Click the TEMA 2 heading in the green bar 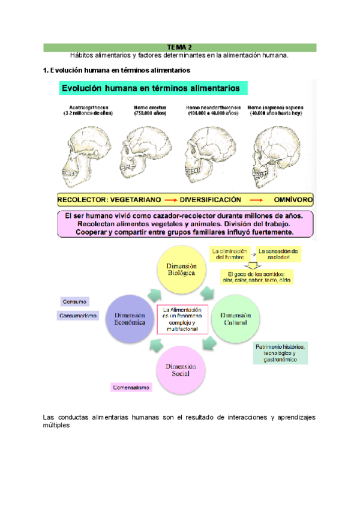point(179,47)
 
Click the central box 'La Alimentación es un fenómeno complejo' point(182,319)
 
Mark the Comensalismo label point(131,388)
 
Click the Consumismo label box point(78,316)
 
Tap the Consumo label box point(74,301)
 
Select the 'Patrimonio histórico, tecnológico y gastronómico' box point(281,353)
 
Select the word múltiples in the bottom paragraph point(58,426)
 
